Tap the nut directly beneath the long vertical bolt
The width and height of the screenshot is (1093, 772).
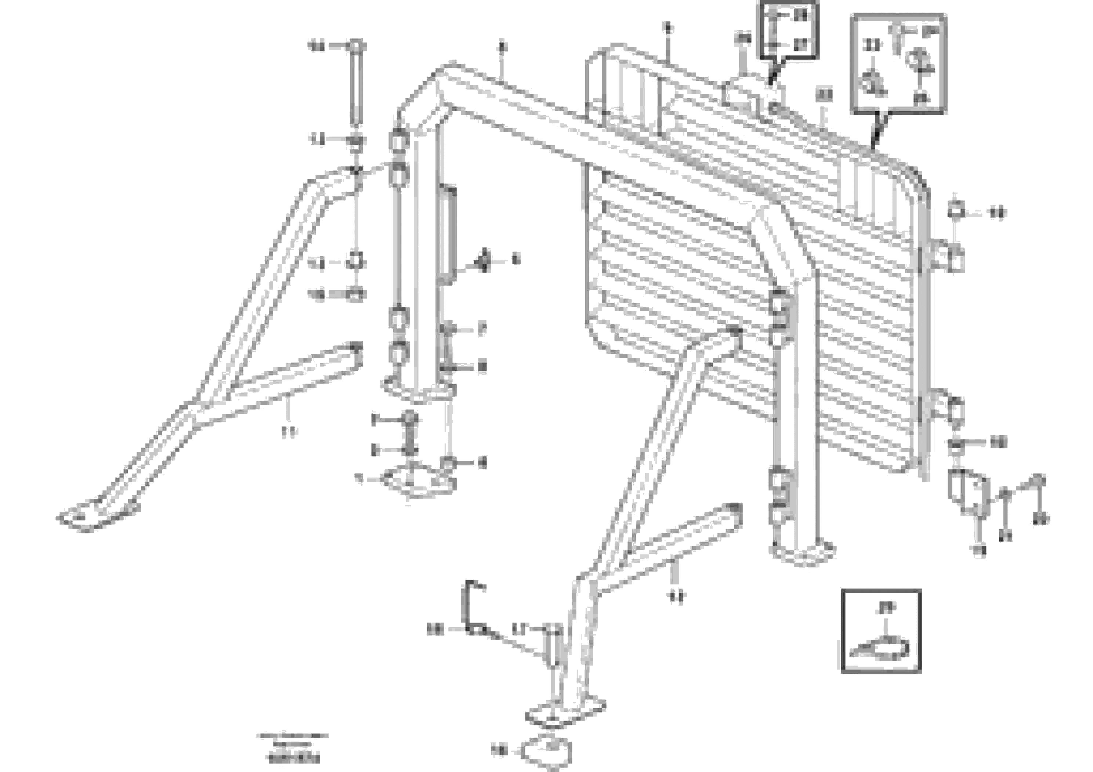(356, 141)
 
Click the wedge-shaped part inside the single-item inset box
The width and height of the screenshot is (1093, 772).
(881, 648)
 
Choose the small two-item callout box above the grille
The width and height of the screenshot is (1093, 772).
(788, 29)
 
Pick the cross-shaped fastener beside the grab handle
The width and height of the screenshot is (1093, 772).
(484, 260)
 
